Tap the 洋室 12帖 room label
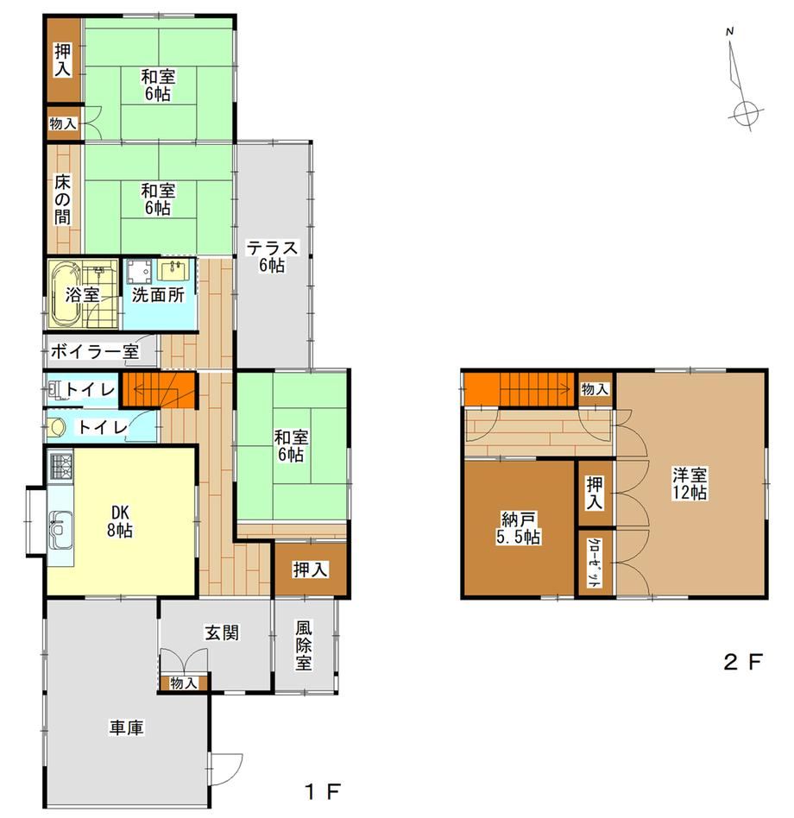(690, 483)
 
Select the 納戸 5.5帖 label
(518, 528)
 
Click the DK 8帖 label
(120, 520)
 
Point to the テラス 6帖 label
(272, 256)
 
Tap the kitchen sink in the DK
(60, 530)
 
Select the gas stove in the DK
(61, 468)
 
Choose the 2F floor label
(743, 662)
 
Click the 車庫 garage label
(126, 727)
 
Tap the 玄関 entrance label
(222, 632)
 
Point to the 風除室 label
(304, 645)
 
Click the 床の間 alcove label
(63, 199)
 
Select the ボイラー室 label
(95, 351)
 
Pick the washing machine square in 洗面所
(139, 270)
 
